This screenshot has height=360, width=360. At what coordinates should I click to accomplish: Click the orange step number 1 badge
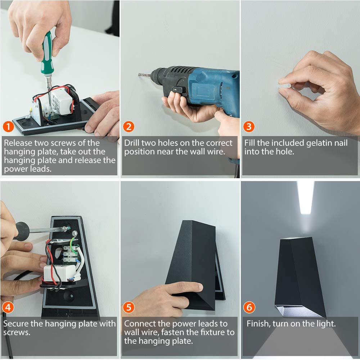tap(8, 127)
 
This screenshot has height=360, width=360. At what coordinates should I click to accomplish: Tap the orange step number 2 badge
tap(129, 127)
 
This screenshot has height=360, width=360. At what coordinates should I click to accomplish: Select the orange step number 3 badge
tap(249, 127)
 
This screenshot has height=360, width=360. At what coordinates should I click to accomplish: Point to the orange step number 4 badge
tap(8, 307)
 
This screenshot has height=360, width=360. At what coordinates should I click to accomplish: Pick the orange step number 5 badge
tap(129, 307)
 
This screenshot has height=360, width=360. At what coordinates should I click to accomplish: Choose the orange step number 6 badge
tap(249, 307)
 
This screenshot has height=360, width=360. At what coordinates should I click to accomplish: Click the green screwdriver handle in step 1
tap(47, 53)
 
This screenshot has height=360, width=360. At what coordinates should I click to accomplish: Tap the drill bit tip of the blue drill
tap(139, 75)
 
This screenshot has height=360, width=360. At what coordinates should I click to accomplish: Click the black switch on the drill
tap(179, 90)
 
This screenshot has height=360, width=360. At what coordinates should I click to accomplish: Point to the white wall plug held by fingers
tap(285, 86)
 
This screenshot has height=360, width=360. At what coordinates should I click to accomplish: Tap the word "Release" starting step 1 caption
tap(18, 143)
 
